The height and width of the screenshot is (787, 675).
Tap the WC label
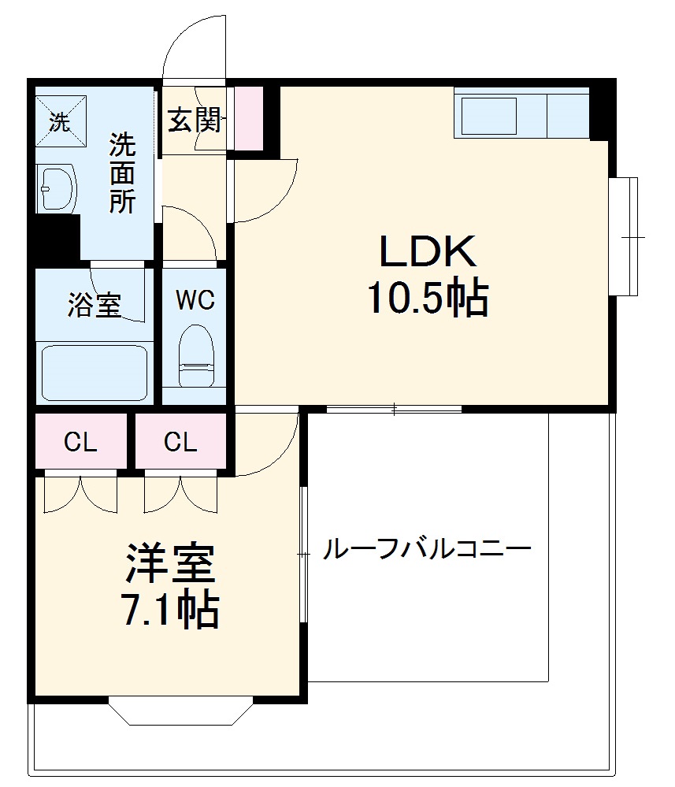(x=195, y=300)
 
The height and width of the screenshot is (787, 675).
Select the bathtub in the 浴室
(x=95, y=373)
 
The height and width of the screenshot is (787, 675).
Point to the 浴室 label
(x=95, y=305)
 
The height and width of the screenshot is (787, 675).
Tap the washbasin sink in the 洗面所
(x=56, y=189)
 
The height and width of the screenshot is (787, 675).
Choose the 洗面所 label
(x=122, y=173)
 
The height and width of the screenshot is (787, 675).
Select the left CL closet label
(x=80, y=443)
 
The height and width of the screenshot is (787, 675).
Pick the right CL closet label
(x=180, y=443)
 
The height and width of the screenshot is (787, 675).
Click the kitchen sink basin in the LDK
(x=488, y=116)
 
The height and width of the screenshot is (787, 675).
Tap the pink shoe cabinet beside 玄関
(x=249, y=117)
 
